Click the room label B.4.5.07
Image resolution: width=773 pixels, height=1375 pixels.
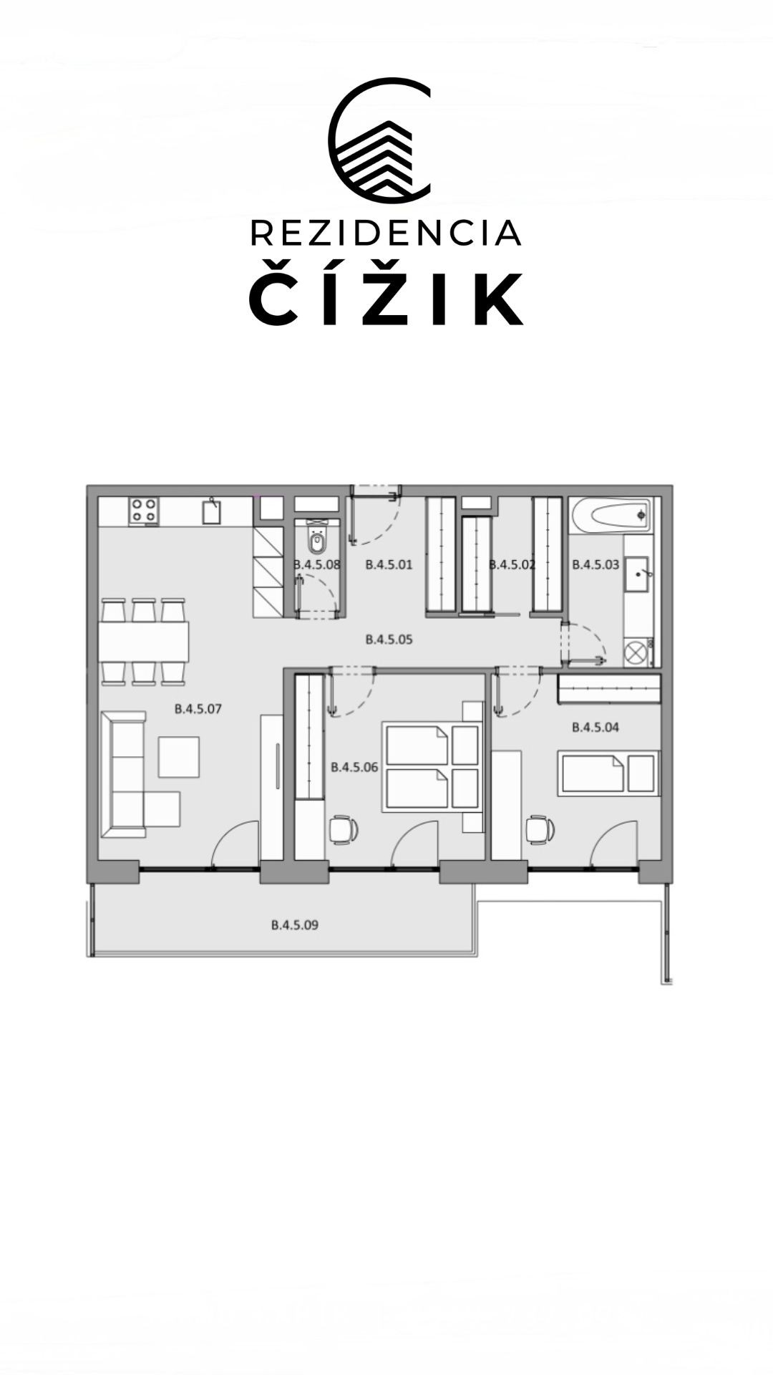(198, 709)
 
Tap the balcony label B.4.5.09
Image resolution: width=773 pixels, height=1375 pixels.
(294, 925)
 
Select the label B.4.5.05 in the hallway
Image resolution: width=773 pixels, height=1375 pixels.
(389, 639)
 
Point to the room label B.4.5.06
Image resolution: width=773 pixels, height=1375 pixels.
(354, 767)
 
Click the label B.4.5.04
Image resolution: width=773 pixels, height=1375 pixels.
(595, 727)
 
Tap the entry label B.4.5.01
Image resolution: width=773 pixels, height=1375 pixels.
(389, 564)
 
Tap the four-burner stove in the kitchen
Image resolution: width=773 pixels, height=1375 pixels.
(145, 511)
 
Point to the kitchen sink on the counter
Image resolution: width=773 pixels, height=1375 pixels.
(211, 512)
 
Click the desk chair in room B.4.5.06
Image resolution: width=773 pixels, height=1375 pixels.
(344, 830)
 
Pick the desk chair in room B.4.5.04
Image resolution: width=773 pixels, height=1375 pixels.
(540, 830)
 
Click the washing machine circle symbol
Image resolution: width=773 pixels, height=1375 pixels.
(635, 652)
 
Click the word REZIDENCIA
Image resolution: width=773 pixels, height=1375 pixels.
(386, 233)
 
